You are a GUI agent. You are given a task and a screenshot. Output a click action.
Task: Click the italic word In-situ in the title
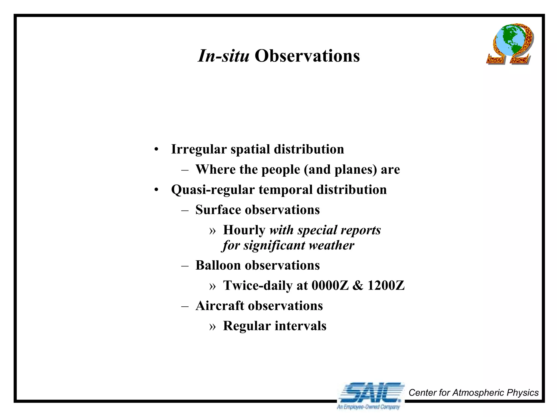(223, 56)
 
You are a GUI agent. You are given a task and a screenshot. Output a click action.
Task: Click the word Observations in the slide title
(307, 56)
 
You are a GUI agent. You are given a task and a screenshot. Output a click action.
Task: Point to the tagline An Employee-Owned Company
(368, 407)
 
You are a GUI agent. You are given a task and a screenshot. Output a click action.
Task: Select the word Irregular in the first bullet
(199, 149)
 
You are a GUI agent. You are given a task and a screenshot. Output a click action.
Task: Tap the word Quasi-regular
(213, 190)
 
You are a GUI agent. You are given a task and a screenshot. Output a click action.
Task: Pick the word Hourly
(244, 230)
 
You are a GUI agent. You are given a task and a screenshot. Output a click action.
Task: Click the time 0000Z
(330, 285)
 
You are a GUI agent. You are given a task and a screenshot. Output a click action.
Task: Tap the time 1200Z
(386, 285)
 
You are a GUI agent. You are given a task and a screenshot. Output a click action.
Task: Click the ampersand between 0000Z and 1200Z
(358, 285)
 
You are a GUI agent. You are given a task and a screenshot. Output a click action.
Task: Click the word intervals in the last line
(300, 326)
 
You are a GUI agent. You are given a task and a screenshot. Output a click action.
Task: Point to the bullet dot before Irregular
(156, 150)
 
